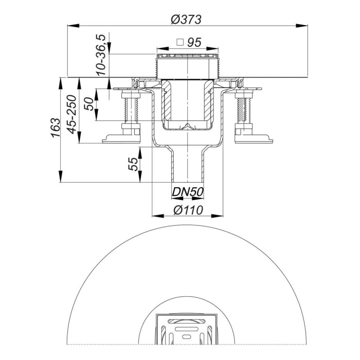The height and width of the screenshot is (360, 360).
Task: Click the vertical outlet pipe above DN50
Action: point(187,165)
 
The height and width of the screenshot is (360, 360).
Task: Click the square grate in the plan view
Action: point(187,329)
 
